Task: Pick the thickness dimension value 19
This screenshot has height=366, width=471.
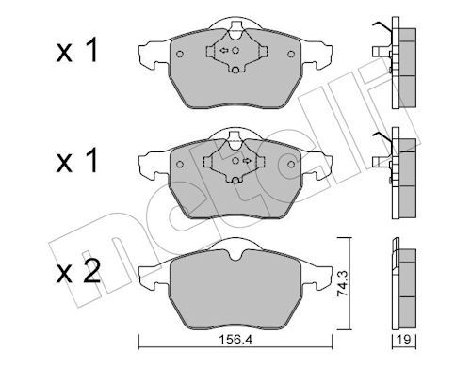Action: coord(402,344)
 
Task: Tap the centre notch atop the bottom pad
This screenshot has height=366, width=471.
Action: coord(234,247)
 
